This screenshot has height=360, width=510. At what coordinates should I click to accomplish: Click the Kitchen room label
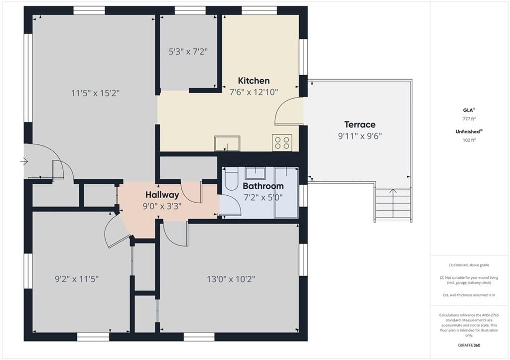(x=254, y=80)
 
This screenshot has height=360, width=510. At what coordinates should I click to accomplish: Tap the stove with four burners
(x=282, y=143)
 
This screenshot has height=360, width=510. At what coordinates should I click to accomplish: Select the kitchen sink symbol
(x=227, y=143)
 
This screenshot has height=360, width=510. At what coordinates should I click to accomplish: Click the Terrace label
(x=360, y=124)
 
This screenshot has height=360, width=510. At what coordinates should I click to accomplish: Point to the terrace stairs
(x=393, y=205)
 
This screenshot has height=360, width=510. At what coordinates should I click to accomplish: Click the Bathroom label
(x=263, y=186)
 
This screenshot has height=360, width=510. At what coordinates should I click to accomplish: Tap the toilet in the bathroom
(x=232, y=179)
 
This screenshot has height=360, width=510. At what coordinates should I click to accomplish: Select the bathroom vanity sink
(x=255, y=173)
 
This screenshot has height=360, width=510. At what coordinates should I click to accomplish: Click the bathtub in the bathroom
(x=286, y=193)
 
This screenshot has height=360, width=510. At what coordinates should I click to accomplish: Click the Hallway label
(x=162, y=195)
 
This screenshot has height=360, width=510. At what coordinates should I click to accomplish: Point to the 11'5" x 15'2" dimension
(x=95, y=93)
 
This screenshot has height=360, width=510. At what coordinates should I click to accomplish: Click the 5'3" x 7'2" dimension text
(x=188, y=52)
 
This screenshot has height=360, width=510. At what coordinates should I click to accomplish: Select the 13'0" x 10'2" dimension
(x=231, y=279)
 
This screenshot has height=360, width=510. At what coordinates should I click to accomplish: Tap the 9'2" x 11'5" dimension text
(x=77, y=279)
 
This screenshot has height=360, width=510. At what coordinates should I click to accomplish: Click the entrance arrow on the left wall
(x=24, y=161)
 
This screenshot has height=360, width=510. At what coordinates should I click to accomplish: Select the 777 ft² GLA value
(x=469, y=119)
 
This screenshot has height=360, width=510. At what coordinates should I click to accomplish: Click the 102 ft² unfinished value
(x=469, y=140)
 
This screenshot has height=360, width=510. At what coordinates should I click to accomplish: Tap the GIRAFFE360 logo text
(x=469, y=345)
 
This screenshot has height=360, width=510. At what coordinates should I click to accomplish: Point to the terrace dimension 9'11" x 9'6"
(x=360, y=136)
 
